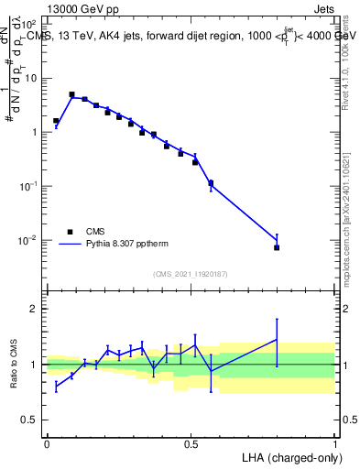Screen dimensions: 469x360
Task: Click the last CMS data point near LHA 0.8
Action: coord(277,247)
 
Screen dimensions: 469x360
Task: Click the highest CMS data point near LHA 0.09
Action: coord(72,94)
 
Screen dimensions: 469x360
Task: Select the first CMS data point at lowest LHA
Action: coord(56,121)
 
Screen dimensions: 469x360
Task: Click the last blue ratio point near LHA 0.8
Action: coord(277,340)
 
